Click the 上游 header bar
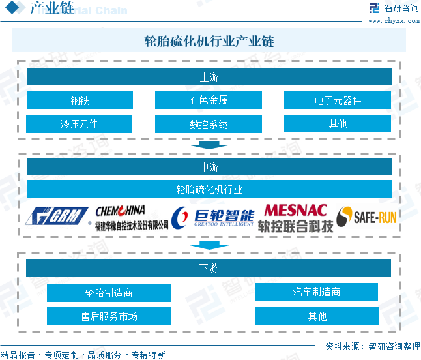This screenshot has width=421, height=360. [209, 77]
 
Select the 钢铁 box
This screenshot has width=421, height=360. [80, 100]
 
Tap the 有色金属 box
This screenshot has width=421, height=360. [209, 100]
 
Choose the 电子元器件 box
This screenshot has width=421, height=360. [337, 100]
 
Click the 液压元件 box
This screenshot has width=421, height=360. [80, 123]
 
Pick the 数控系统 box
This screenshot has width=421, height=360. [209, 124]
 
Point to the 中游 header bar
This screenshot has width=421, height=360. [209, 167]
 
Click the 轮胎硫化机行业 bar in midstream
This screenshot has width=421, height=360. [209, 190]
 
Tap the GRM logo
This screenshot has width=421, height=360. [57, 217]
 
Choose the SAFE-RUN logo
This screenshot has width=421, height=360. [366, 217]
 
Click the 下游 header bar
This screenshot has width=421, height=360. [209, 268]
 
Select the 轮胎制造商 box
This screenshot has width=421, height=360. [109, 293]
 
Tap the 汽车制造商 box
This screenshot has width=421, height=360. [317, 292]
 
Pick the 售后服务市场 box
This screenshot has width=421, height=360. [109, 316]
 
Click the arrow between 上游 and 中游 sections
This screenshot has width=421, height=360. [209, 143]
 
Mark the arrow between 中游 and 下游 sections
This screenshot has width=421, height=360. [209, 245]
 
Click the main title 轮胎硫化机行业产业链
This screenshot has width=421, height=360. [209, 41]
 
